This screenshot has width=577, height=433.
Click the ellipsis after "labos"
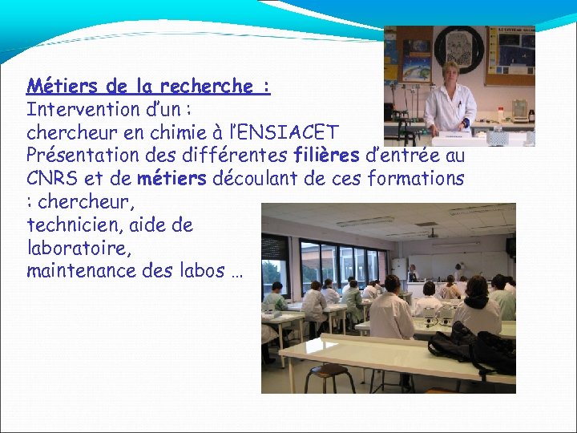[236, 272]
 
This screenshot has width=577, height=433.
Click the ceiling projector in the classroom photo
[432, 235]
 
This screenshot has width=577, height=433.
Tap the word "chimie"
[184, 131]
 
